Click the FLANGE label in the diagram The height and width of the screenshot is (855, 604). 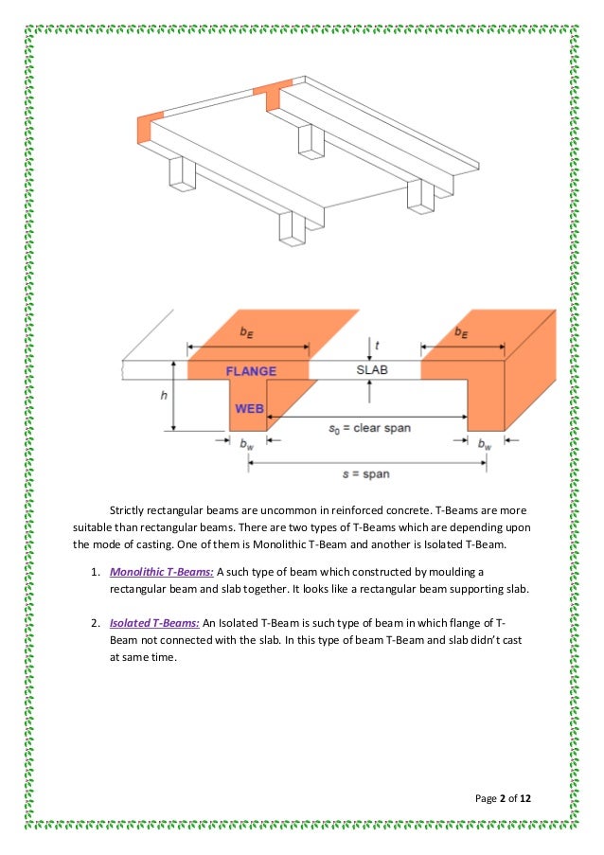[x=250, y=371]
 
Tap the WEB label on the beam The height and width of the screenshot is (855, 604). [x=249, y=409]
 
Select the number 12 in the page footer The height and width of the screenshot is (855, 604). [x=524, y=799]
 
